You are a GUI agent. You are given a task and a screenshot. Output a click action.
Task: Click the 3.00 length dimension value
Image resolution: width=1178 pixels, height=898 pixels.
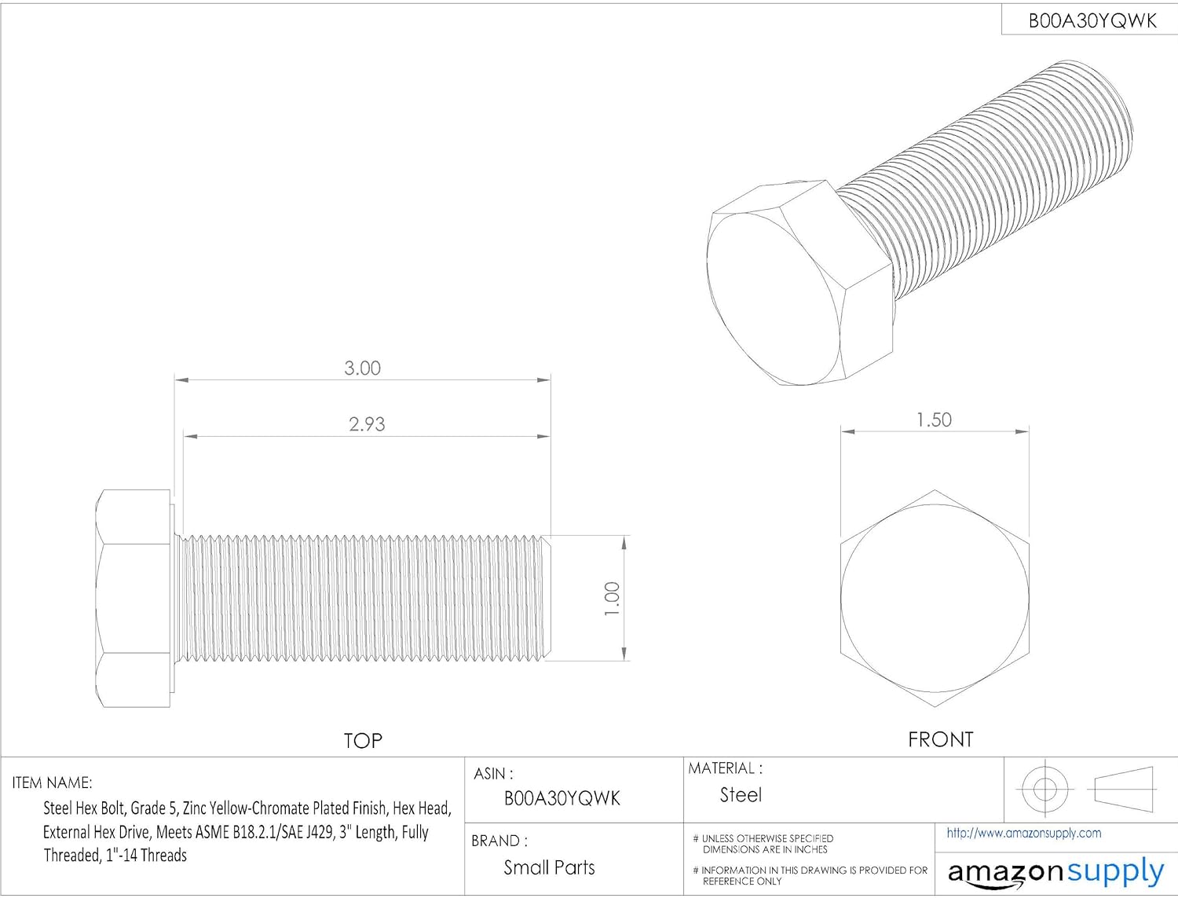coord(362,368)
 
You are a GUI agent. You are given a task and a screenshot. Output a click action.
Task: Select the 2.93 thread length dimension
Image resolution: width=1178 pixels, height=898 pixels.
coord(367,424)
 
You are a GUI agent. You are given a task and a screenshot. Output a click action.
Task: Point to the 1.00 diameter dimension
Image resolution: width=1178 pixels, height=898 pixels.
coord(613,599)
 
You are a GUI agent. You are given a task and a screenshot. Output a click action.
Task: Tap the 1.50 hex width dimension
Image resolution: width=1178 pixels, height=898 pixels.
coord(934,420)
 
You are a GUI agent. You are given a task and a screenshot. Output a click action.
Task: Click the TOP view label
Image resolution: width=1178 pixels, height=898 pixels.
coord(363,741)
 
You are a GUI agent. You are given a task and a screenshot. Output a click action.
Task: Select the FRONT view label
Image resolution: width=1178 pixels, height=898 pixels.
coord(940,739)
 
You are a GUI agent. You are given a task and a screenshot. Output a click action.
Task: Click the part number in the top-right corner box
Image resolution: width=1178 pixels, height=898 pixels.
coord(1092,21)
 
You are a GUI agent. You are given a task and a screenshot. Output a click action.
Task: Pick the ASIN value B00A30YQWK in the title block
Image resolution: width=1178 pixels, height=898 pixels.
coord(562,798)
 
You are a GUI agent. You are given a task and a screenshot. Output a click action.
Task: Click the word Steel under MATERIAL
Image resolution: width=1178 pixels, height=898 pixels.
coord(741,795)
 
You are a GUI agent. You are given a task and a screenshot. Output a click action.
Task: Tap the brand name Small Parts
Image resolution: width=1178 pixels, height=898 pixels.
coord(549,867)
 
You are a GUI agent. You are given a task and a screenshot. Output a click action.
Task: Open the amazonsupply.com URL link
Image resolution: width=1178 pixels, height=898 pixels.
coord(1023,833)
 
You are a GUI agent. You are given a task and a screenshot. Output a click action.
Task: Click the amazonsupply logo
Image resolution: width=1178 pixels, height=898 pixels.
coord(1055,872)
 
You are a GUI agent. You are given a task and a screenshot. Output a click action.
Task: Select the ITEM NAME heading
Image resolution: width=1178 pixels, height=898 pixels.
coord(52,783)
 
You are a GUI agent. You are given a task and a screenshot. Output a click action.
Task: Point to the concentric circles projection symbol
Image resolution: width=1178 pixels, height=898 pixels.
coord(1044,788)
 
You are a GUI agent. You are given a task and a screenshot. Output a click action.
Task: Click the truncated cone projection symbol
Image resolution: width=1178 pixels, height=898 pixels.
coord(1123,789)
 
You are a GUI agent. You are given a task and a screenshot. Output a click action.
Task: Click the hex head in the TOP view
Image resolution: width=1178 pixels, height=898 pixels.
coord(134,599)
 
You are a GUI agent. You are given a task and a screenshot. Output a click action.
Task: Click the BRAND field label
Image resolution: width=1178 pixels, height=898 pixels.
coord(499,841)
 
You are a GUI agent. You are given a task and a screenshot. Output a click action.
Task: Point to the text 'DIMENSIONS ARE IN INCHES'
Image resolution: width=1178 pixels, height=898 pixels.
coord(765,849)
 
